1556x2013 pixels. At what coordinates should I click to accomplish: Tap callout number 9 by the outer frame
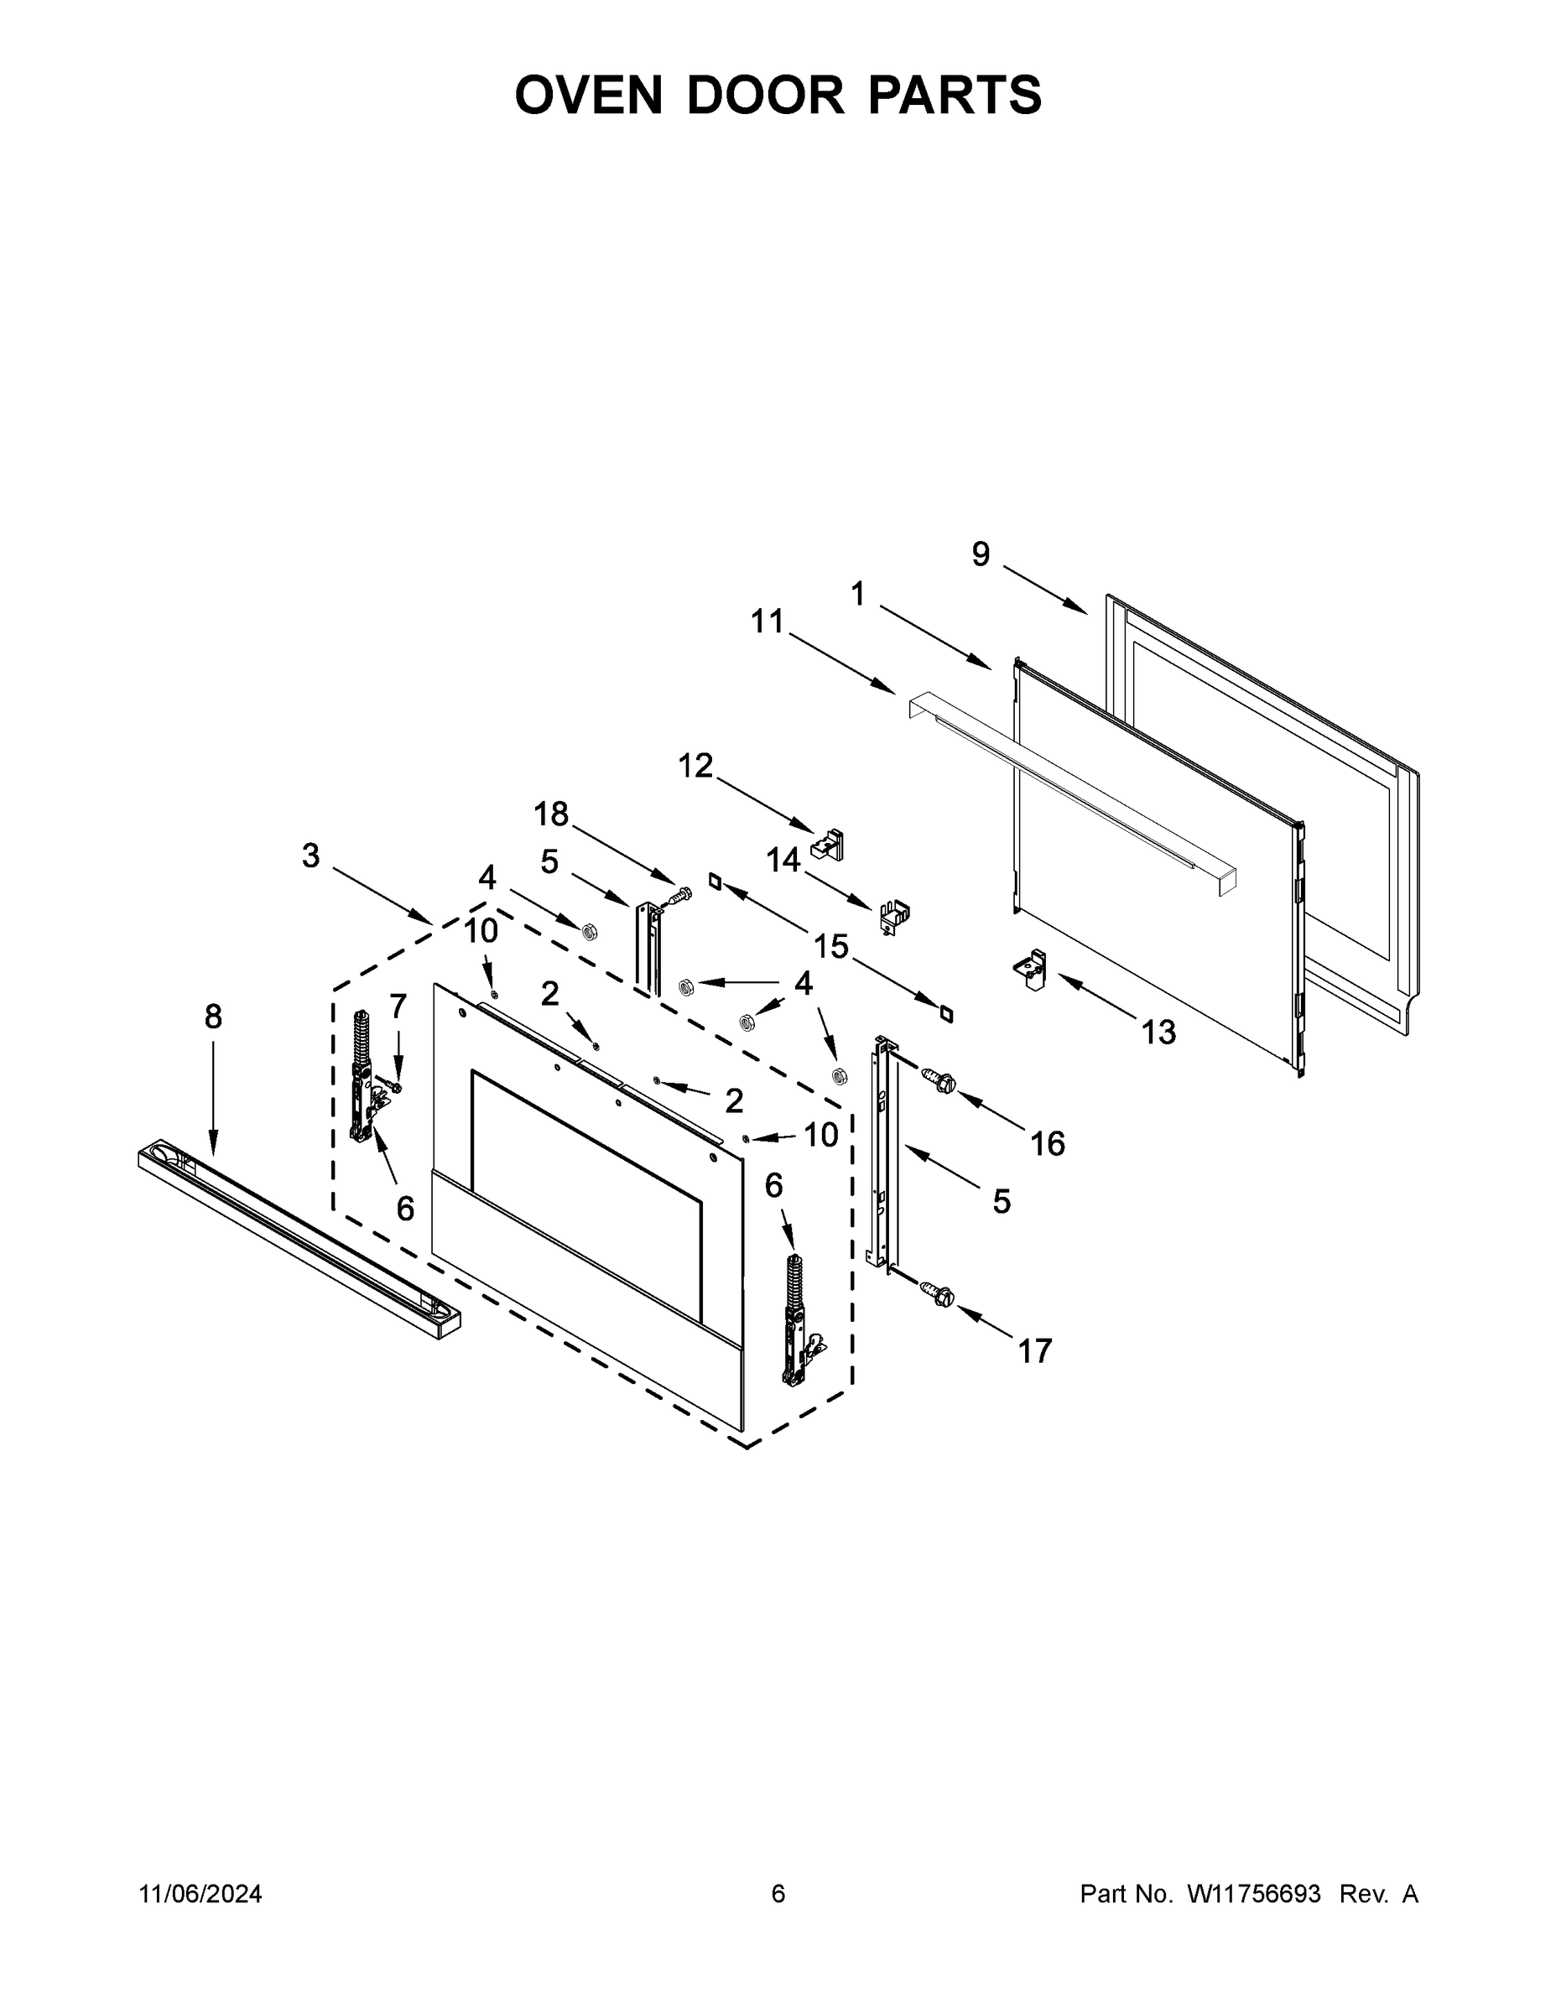(x=981, y=554)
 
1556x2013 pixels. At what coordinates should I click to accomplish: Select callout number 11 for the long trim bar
(x=767, y=622)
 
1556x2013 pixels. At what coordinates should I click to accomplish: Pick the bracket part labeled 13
(x=1032, y=970)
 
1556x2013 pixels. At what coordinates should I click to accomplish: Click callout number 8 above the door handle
(x=213, y=1017)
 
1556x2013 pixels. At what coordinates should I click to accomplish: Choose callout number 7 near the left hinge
(x=398, y=1006)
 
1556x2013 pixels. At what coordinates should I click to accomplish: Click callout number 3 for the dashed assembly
(x=310, y=856)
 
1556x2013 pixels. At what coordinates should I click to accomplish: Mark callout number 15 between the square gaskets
(x=830, y=945)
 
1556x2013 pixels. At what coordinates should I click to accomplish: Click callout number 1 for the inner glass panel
(x=857, y=595)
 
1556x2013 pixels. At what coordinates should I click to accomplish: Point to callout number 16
(x=1047, y=1144)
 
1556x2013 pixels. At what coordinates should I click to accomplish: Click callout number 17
(x=1034, y=1351)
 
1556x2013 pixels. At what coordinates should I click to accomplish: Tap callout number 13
(x=1158, y=1033)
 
